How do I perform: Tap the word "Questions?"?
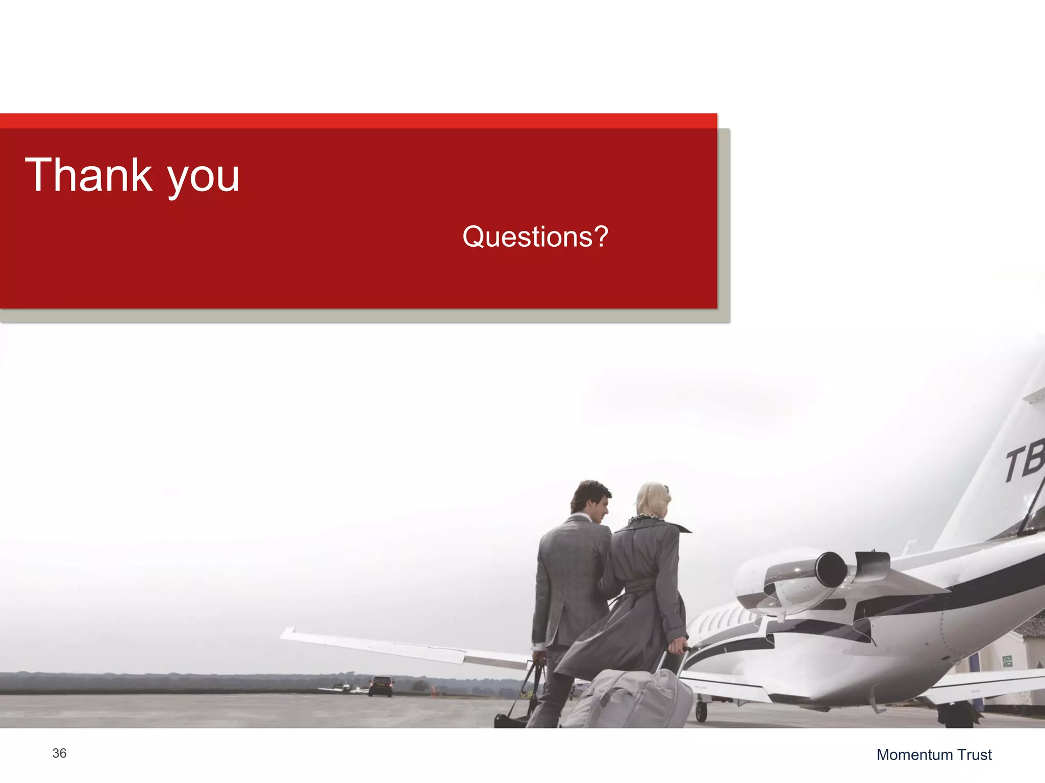pyautogui.click(x=535, y=237)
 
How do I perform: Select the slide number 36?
pyautogui.click(x=59, y=753)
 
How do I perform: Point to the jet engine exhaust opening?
pyautogui.click(x=831, y=569)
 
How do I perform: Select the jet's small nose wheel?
pyautogui.click(x=702, y=712)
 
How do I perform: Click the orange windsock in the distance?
pyautogui.click(x=434, y=691)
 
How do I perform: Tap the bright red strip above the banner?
pyautogui.click(x=357, y=121)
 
